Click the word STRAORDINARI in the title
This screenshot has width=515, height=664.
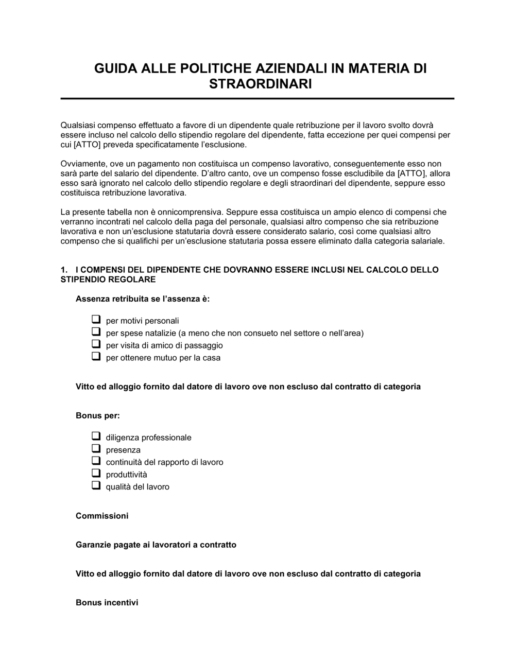click(x=260, y=84)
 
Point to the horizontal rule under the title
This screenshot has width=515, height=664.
click(x=257, y=98)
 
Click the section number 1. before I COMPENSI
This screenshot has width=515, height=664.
click(x=64, y=270)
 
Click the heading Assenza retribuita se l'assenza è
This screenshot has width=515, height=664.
click(x=143, y=299)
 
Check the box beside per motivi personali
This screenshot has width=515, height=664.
click(x=96, y=320)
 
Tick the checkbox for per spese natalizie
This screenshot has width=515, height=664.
click(x=96, y=332)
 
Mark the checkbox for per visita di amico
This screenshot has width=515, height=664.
click(x=96, y=344)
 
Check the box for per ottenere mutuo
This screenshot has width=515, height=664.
click(x=96, y=357)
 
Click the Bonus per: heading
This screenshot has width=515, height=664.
click(x=97, y=415)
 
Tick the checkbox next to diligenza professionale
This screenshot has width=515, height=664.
click(x=96, y=436)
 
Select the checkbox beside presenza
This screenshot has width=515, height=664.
click(x=96, y=449)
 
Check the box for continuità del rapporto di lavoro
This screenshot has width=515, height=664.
click(x=96, y=461)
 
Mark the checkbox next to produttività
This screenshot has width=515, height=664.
click(x=96, y=474)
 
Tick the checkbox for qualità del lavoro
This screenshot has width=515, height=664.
click(x=96, y=486)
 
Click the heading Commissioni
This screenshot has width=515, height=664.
click(x=102, y=516)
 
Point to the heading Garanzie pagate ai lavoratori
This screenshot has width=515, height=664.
click(x=156, y=545)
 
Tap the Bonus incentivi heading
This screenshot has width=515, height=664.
click(x=107, y=602)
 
